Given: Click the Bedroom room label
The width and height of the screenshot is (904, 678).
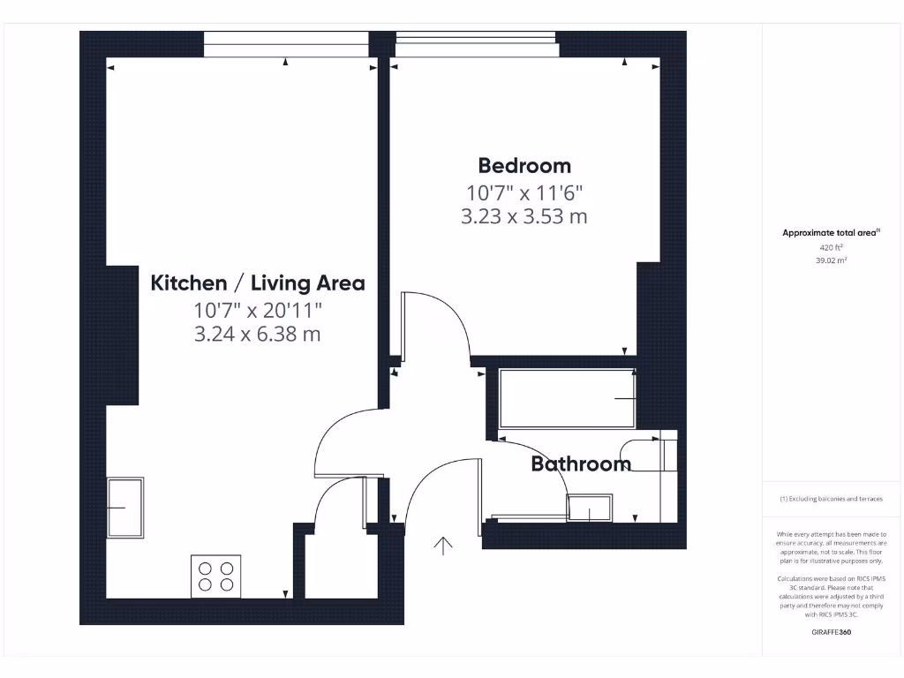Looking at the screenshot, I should (x=524, y=166).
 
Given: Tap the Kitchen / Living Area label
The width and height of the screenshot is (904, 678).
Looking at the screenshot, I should (x=258, y=283).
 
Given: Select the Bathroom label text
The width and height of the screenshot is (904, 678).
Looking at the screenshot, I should (x=580, y=463).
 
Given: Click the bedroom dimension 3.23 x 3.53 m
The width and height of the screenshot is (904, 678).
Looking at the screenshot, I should (x=524, y=216).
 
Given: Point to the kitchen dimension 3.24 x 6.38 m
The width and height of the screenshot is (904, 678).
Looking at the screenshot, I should (x=258, y=335).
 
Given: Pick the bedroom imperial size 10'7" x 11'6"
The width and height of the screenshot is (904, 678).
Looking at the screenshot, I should (x=524, y=192).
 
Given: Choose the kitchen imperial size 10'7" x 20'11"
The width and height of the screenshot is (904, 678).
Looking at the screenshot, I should (x=258, y=310).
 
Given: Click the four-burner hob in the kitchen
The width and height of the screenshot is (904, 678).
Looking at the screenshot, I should (x=216, y=576).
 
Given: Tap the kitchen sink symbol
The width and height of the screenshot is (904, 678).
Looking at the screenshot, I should (x=125, y=508).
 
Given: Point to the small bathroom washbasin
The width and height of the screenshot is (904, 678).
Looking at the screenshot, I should (x=589, y=508).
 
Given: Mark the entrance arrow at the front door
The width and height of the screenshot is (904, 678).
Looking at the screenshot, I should (x=442, y=546).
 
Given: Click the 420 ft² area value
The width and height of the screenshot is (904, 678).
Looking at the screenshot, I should (x=832, y=248).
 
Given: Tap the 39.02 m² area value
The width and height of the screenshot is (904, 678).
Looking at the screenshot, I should (x=832, y=261).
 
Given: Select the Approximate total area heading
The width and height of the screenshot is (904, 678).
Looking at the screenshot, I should (x=831, y=233).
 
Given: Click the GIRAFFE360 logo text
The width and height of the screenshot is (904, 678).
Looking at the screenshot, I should (x=832, y=632).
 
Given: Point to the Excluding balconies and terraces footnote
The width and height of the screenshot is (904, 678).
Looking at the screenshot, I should (x=831, y=499).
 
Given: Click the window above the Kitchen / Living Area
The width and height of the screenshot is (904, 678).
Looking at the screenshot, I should (x=285, y=43).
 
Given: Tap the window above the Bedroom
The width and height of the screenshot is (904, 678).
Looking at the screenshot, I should (x=477, y=43).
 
